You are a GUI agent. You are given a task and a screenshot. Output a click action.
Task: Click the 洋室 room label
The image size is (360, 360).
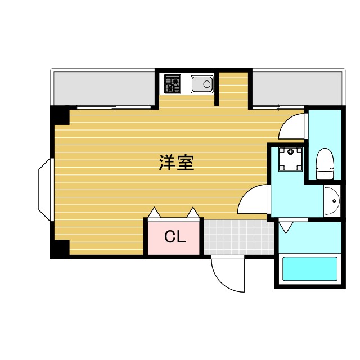(x=176, y=163)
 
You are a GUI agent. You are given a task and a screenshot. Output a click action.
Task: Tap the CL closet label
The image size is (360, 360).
(x=174, y=237)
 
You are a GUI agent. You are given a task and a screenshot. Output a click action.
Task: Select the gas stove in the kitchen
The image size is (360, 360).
(x=173, y=84)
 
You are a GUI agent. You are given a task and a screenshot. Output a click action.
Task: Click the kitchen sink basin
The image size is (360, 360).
(x=202, y=84)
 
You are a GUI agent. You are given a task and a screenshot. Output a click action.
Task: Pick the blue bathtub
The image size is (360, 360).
(x=309, y=269)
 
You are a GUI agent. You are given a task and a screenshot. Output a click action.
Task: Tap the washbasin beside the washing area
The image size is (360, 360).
(x=332, y=200)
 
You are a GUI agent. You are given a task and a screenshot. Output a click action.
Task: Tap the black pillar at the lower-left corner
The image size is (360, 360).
(x=60, y=249)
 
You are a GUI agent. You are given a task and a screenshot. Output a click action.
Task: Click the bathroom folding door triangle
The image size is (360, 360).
(x=286, y=227)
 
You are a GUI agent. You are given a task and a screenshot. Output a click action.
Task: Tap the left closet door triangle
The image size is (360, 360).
(x=154, y=213)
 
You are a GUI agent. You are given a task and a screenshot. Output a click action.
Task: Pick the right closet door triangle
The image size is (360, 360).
(x=192, y=213)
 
